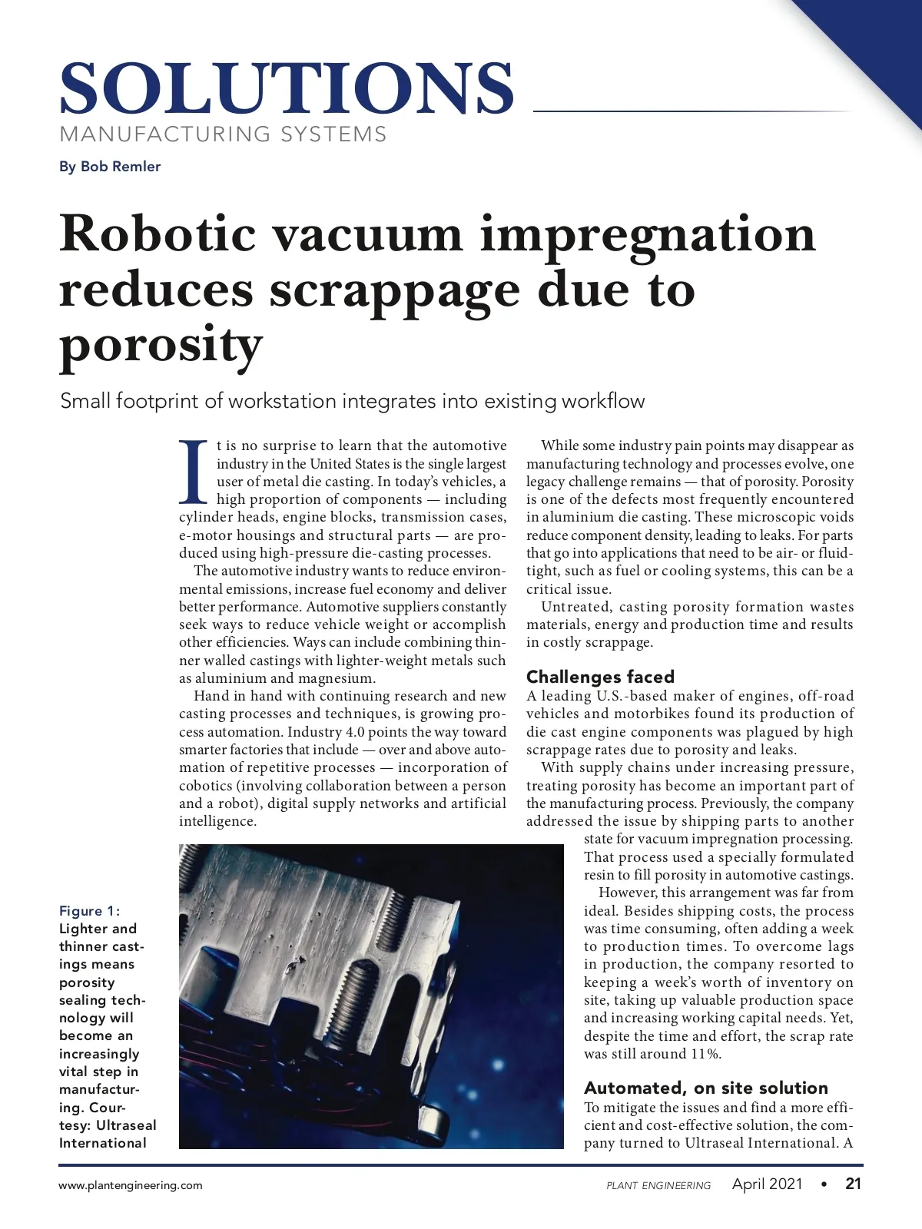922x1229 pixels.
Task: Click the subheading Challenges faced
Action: (x=600, y=677)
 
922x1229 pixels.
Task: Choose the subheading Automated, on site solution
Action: (x=705, y=1088)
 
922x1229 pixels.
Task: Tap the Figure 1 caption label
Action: (x=89, y=911)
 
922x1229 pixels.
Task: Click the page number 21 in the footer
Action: (x=853, y=1184)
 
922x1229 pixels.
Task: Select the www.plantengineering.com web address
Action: (x=131, y=1185)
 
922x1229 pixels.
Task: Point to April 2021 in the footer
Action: (x=767, y=1184)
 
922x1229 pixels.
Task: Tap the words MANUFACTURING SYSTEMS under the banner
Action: (x=223, y=134)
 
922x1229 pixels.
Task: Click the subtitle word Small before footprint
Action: (x=85, y=401)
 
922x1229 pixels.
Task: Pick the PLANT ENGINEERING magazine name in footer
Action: (x=658, y=1185)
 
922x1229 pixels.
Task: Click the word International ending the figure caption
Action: (x=102, y=1143)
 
